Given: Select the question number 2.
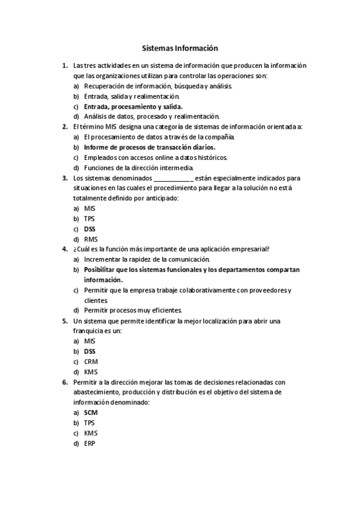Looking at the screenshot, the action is pos(64,127).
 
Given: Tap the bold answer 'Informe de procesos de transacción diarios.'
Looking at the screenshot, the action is pos(150,147).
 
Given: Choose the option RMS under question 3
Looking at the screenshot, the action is pos(91,239).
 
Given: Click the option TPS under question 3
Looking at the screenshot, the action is pos(90,219).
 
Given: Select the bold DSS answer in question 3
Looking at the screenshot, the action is pos(90,229).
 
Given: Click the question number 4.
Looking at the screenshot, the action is pos(64,249).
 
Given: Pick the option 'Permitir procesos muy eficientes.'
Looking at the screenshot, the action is pos(133,310).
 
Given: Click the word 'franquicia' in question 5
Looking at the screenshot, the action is pos(88,331).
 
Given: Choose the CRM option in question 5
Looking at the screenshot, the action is pos(91,361).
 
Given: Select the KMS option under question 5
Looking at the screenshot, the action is pos(91,372).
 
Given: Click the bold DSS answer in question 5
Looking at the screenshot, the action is pos(90,351).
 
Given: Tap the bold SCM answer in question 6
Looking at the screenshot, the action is pos(91,413).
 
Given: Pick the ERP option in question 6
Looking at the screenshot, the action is pos(90,443).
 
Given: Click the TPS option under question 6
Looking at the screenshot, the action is pos(90,423).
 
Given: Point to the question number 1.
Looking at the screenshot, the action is pos(64,66).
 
